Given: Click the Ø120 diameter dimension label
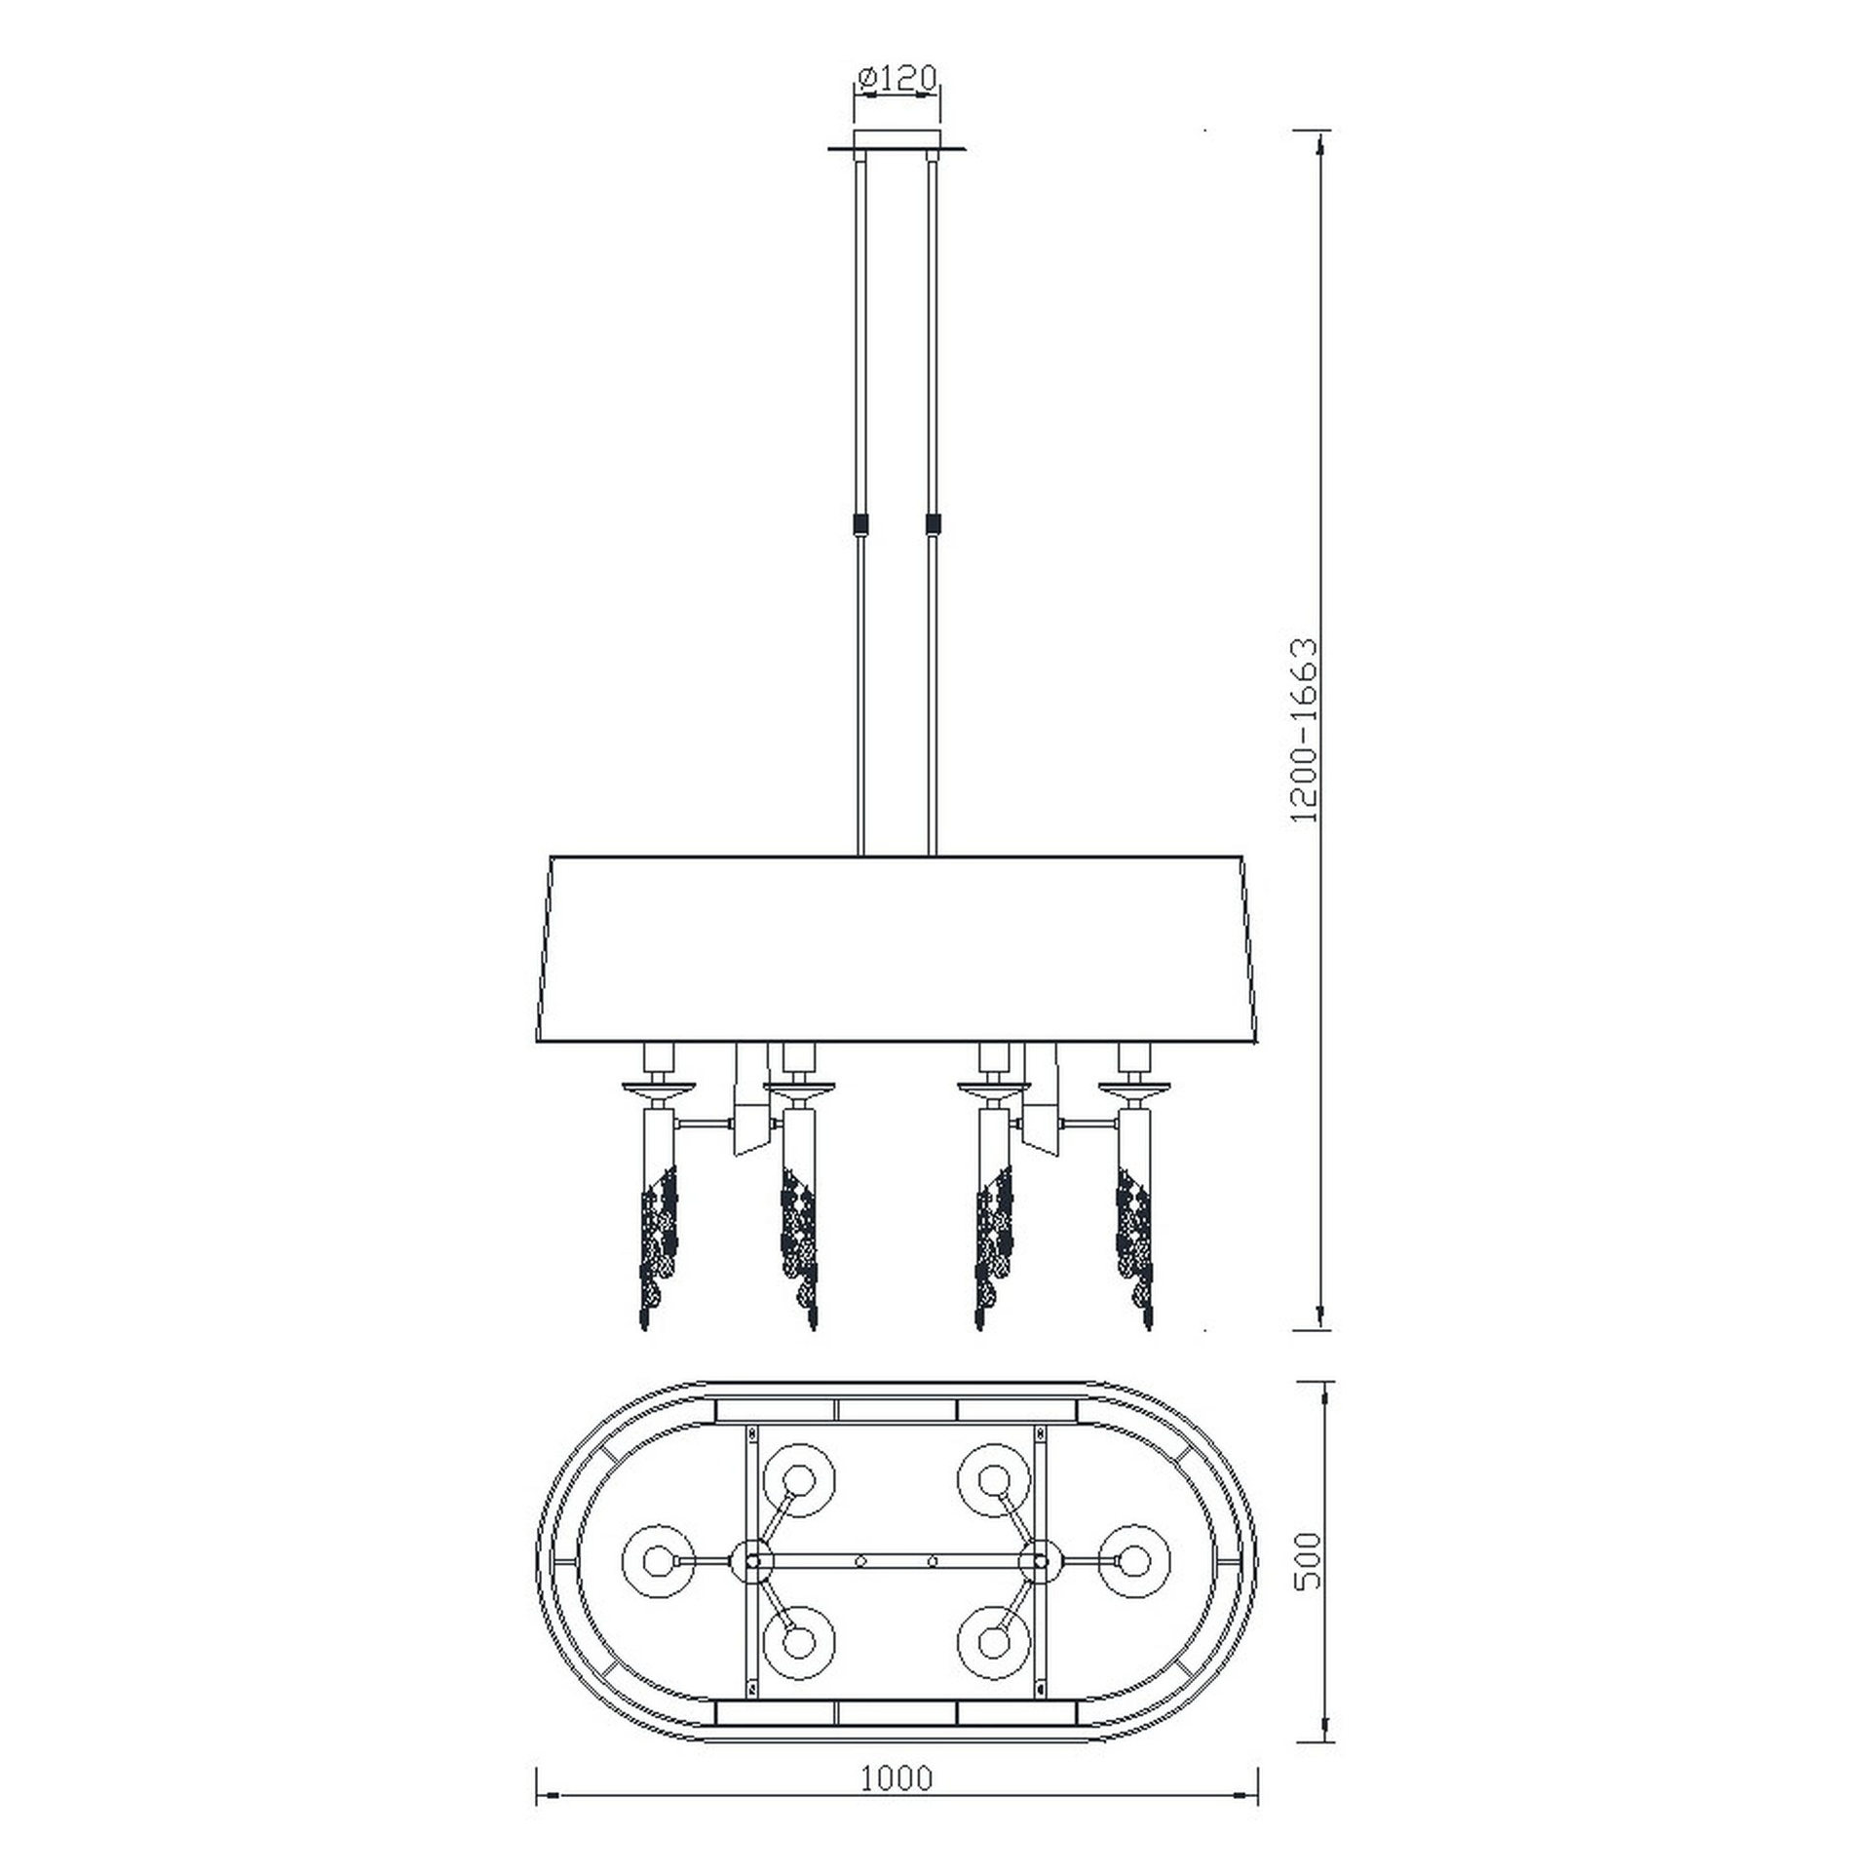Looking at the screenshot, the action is click(x=897, y=78).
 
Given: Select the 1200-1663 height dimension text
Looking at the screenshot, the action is click(x=1303, y=730).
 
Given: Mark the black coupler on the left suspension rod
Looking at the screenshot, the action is click(x=859, y=524).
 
